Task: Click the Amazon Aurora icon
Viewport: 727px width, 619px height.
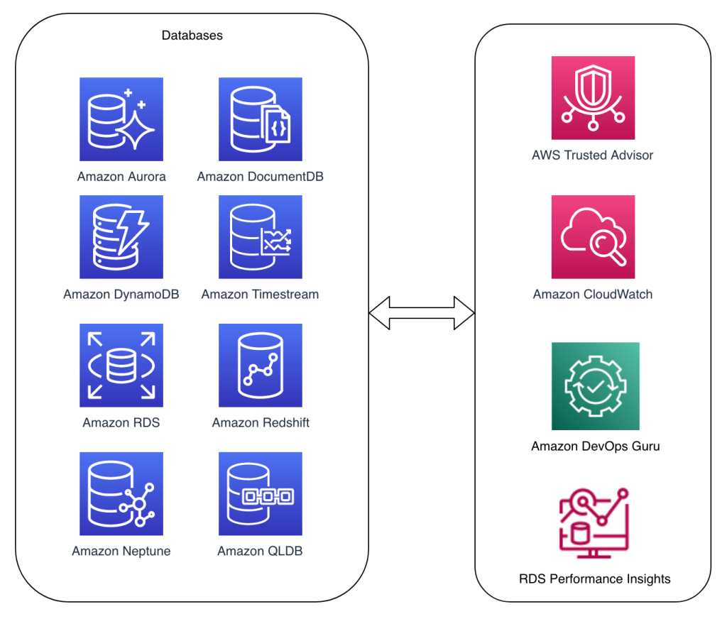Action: (121, 119)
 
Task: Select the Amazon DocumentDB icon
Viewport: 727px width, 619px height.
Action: (261, 119)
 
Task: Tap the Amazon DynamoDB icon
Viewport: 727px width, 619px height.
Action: (121, 237)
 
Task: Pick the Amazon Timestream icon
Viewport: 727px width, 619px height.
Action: (261, 237)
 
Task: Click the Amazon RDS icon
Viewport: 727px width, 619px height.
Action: (121, 366)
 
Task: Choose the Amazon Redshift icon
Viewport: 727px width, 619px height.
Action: (261, 366)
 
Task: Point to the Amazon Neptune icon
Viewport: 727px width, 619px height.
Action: (121, 494)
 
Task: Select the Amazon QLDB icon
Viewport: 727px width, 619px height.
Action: (261, 494)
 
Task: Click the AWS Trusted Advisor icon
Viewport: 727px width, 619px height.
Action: (593, 98)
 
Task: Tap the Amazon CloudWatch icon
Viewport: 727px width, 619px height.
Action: (593, 237)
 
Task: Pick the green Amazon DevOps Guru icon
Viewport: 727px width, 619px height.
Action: (595, 386)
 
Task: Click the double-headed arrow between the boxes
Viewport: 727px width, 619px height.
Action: (422, 312)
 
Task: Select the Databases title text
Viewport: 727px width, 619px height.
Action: (192, 35)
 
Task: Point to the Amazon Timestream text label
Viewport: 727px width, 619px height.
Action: (260, 294)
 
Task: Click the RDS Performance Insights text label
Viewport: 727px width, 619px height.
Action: (594, 579)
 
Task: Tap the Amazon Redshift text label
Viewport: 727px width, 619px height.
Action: (261, 422)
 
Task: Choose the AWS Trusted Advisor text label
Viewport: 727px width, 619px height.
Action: (592, 155)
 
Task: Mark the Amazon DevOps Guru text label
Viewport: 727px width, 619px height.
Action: (595, 447)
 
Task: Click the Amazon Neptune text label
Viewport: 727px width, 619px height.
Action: (121, 551)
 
